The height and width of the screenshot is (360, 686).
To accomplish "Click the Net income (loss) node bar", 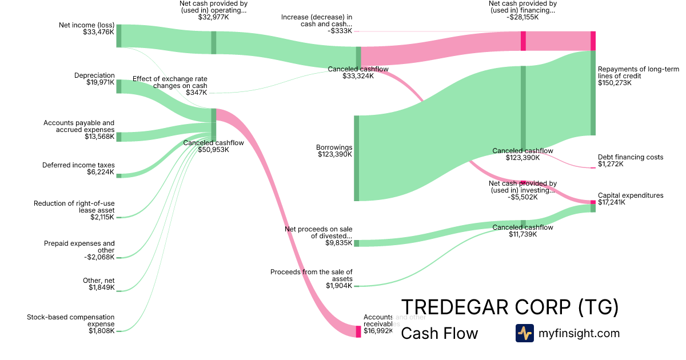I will [x=119, y=36].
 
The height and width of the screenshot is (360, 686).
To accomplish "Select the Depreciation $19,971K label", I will [x=94, y=79].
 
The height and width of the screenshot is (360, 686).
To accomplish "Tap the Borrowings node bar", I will [x=356, y=158].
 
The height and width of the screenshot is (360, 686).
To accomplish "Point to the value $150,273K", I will [x=615, y=83].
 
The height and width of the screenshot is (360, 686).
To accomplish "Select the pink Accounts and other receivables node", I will [x=358, y=331].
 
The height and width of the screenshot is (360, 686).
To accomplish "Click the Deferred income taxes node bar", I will [x=119, y=175].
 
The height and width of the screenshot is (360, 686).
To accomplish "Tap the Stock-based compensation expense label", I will [x=71, y=321].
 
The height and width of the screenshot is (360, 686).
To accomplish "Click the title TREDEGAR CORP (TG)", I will [x=510, y=307].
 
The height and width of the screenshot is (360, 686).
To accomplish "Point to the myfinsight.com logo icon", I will [x=524, y=333].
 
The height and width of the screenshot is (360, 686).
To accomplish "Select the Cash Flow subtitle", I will [x=439, y=333].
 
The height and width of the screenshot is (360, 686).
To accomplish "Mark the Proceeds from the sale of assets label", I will [x=312, y=275].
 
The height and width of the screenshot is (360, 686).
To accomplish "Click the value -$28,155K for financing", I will [x=523, y=18].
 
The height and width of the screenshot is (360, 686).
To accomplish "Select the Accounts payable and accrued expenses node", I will [x=119, y=137].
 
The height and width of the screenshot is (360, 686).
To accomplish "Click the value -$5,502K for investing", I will [x=523, y=198].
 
